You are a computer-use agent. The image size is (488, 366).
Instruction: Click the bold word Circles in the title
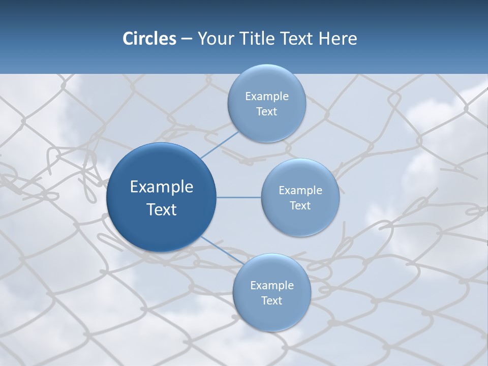point(149,39)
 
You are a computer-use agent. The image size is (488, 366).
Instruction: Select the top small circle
point(266,81)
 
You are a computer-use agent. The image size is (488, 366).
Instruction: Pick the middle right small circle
point(300,175)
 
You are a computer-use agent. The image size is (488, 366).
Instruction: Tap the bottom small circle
point(271,315)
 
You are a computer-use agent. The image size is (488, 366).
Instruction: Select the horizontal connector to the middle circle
point(238,197)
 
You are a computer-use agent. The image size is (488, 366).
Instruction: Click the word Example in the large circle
point(161,187)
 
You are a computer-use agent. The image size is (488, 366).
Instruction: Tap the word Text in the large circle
point(161,209)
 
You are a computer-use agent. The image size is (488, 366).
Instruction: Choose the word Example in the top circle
point(266,97)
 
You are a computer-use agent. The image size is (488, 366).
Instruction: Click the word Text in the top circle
point(266,112)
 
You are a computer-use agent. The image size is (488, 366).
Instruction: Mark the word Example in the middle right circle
point(300,191)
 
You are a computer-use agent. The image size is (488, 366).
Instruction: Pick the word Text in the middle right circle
point(300,206)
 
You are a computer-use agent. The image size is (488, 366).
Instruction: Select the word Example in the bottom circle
point(271,286)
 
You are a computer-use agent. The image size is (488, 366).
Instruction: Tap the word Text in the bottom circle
point(271,301)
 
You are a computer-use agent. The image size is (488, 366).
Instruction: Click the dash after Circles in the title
point(186,39)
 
